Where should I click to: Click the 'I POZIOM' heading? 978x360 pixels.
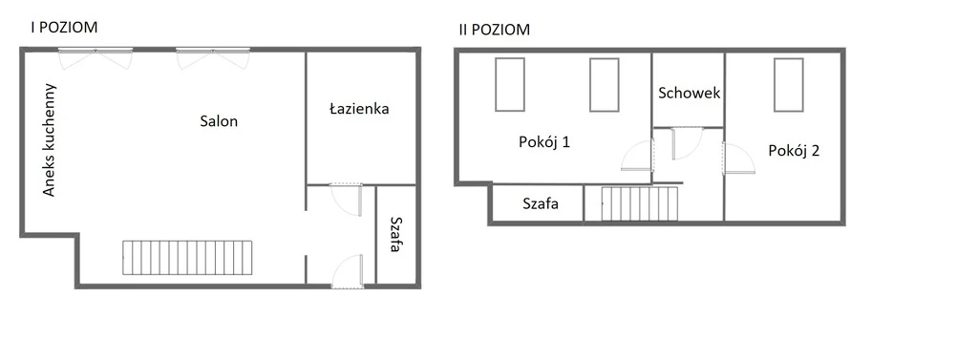coord(64,28)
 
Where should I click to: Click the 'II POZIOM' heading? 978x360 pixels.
coord(494,30)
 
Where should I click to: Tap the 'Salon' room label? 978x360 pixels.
coord(219,121)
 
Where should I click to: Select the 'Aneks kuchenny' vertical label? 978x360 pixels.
coord(50,139)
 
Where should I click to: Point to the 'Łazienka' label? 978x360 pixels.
coord(359,109)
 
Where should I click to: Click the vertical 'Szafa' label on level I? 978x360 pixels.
coord(394,234)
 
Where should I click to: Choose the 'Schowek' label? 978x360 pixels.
coord(690,93)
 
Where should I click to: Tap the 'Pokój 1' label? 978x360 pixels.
coord(544,142)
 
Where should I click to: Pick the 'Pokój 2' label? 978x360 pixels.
coord(794,150)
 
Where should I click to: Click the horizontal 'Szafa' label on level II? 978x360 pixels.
coord(541,203)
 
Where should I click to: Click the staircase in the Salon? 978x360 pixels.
coord(187,258)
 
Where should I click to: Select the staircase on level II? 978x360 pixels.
coord(640,203)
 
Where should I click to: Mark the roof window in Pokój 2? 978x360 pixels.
coord(788,85)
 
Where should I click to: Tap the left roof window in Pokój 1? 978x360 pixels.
coord(510,84)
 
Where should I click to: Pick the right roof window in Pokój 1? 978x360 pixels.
coord(605,85)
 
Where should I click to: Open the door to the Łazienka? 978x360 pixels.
coord(347,200)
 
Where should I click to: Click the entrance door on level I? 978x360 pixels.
coord(347,271)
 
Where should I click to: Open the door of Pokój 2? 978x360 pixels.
coord(738,159)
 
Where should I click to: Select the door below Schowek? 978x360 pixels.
coord(686,143)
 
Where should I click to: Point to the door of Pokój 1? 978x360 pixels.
coord(637,155)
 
